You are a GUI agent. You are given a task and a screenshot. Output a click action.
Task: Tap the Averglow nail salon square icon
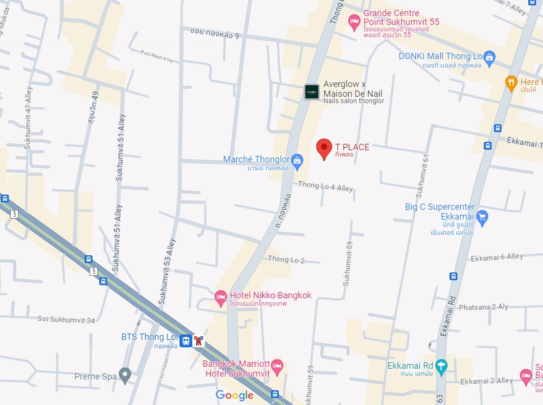coord(312,92)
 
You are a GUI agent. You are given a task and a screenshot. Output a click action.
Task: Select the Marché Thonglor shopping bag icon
coord(297,161)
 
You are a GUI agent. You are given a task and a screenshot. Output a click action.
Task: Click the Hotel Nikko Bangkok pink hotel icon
coord(221,298)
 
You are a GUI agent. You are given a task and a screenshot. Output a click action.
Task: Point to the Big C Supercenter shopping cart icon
coord(482,218)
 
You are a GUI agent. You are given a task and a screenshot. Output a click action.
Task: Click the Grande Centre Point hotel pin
coord(354,22)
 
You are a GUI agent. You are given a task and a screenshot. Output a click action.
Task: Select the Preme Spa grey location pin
coord(125,375)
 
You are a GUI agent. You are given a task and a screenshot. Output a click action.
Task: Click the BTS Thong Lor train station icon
coord(186,341)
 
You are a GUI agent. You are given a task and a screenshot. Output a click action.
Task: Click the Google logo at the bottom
coord(234,395)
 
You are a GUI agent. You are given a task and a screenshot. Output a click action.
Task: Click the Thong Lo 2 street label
coord(286,259)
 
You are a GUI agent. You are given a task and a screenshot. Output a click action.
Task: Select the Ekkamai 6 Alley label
coord(497,257)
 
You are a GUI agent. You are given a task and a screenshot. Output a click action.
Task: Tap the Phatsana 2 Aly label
coord(483,307)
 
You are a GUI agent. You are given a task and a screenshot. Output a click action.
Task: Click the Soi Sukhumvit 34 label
coord(66,320)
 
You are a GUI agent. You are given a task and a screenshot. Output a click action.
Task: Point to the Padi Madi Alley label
coord(157,56)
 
